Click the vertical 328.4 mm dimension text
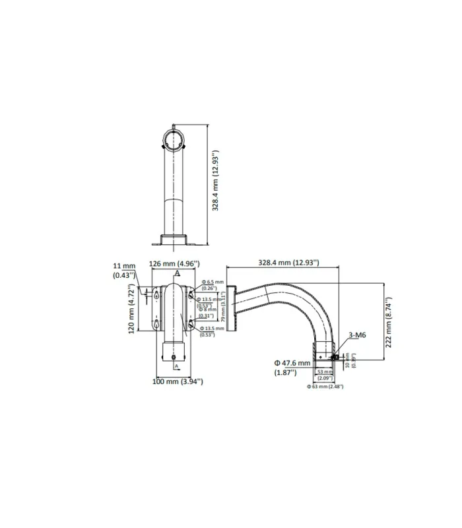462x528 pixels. tap(216, 180)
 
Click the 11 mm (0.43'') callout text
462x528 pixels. tap(123, 270)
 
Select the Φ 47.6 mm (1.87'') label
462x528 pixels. tap(292, 368)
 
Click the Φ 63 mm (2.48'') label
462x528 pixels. tap(325, 386)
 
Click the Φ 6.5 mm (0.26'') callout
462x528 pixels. tap(213, 285)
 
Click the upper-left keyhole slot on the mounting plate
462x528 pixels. tap(156, 296)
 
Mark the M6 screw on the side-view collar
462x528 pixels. tap(336, 357)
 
